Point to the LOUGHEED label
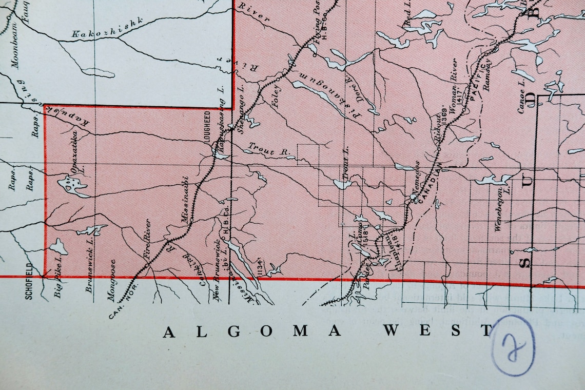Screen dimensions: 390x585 [x=208, y=126]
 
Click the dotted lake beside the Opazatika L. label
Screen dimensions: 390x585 [x=72, y=186]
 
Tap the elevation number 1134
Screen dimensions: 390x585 [x=260, y=266]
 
